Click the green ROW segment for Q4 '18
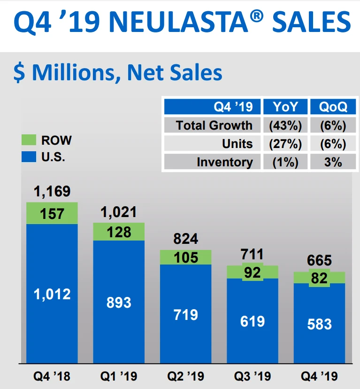52,213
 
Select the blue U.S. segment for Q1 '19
119,302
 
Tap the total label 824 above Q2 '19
185,239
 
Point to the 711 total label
252,255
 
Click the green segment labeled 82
319,278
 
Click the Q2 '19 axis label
185,376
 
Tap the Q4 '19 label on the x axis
319,376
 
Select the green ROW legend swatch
29,140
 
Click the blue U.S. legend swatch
29,156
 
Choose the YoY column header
285,107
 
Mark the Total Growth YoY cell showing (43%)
285,125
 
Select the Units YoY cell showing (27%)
285,144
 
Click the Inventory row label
224,162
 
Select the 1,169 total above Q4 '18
52,191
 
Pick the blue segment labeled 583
319,324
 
